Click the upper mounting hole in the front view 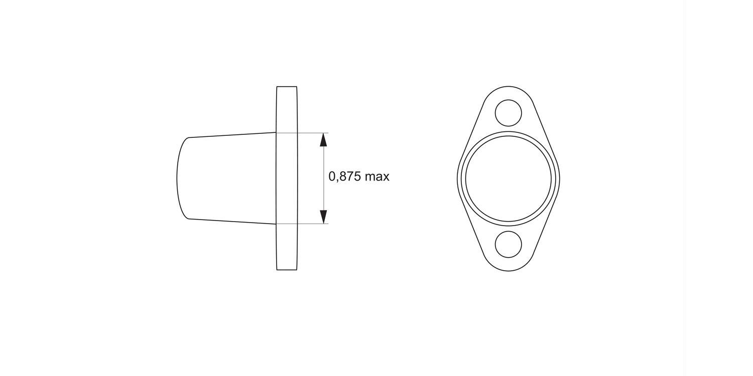pyautogui.click(x=509, y=113)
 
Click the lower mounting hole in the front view pyautogui.click(x=509, y=244)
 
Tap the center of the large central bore pyautogui.click(x=509, y=178)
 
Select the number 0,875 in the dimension pyautogui.click(x=345, y=176)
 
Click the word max pyautogui.click(x=377, y=176)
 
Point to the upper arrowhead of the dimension pyautogui.click(x=324, y=140)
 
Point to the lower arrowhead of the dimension pyautogui.click(x=324, y=217)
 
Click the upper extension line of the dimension pyautogui.click(x=311, y=133)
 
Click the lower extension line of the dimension pyautogui.click(x=311, y=224)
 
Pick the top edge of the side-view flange pyautogui.click(x=287, y=87)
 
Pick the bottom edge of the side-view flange pyautogui.click(x=287, y=270)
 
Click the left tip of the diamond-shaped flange pyautogui.click(x=458, y=178)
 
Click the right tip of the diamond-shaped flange pyautogui.click(x=559, y=178)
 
